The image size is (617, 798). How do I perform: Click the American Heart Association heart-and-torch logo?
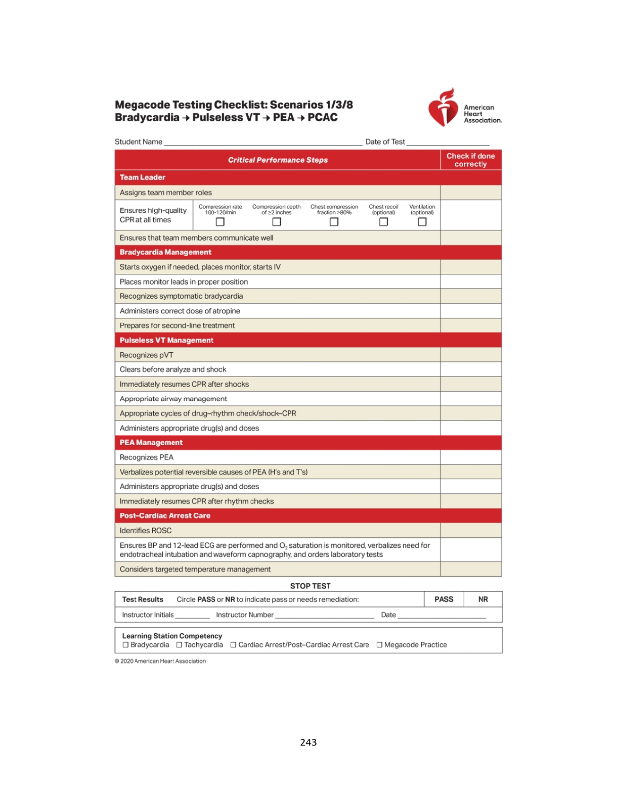(x=443, y=108)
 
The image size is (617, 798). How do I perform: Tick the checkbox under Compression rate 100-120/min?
(x=220, y=222)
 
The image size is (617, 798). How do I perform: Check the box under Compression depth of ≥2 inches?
(x=276, y=222)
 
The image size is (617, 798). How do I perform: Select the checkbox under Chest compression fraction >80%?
(x=334, y=222)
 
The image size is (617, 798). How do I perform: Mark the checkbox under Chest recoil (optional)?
(x=383, y=222)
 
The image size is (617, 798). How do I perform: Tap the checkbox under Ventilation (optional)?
(x=422, y=222)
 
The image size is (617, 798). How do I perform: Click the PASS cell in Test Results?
(x=444, y=599)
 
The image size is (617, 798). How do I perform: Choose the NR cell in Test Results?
(x=483, y=599)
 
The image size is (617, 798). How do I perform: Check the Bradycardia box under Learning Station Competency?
(x=125, y=645)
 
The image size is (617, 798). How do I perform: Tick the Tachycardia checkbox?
(x=179, y=645)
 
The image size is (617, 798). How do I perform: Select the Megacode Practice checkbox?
(x=379, y=645)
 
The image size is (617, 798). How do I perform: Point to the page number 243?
(x=308, y=742)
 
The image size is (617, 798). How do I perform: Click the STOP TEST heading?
(x=310, y=586)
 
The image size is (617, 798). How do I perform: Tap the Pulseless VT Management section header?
(x=166, y=340)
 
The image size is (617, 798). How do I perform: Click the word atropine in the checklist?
(x=227, y=311)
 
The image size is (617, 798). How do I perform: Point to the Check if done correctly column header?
(x=470, y=160)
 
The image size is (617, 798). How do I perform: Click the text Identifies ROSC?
(x=146, y=530)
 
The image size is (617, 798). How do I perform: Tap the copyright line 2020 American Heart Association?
(x=160, y=661)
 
